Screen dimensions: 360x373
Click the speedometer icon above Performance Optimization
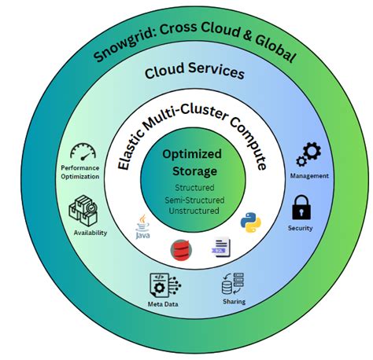tap(83, 151)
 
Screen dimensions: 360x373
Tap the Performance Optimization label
tap(80, 172)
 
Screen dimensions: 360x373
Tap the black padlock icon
tap(300, 208)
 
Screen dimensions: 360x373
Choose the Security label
tap(300, 229)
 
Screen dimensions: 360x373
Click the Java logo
tap(142, 226)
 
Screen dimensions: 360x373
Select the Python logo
tap(251, 220)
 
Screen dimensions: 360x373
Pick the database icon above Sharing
tap(233, 282)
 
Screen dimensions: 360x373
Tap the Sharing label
tap(234, 302)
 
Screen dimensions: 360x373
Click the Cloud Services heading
tap(194, 72)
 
